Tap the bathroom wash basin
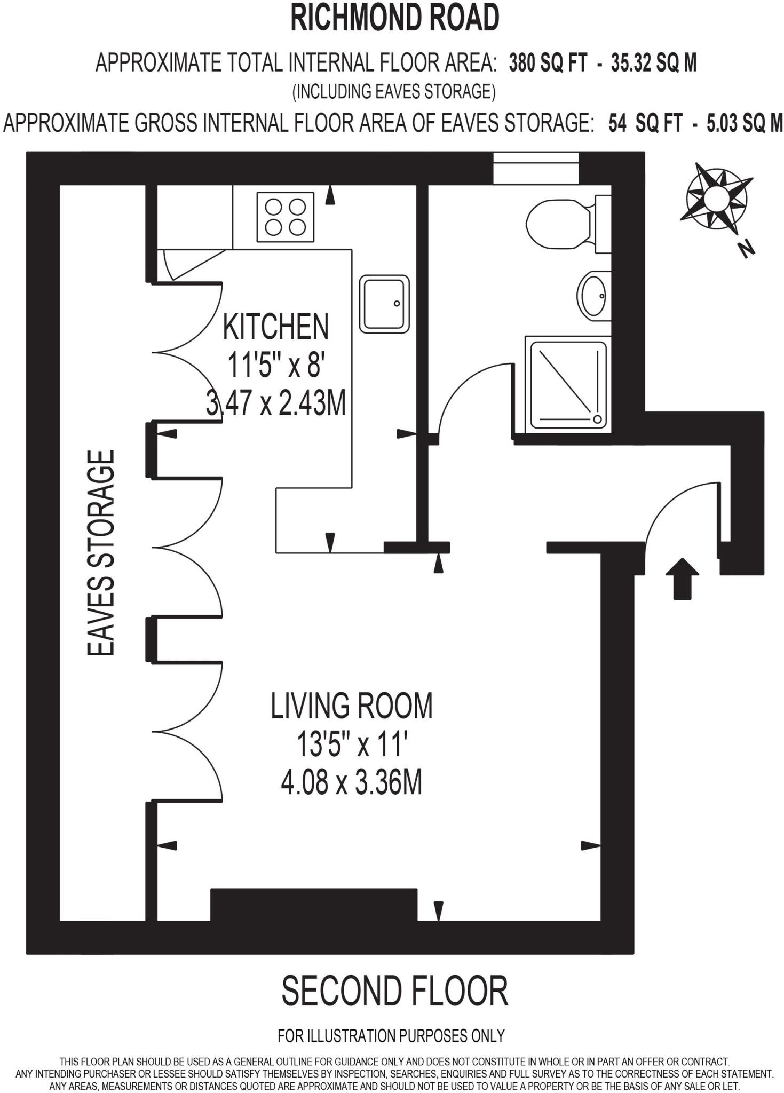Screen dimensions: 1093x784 coord(593,295)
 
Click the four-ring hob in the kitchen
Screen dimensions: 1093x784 coord(285,217)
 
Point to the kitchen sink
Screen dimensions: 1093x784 coord(384,304)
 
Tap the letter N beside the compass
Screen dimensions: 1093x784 coord(747,249)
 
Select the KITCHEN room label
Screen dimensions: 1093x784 coord(275,327)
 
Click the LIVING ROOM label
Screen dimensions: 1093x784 coord(352,706)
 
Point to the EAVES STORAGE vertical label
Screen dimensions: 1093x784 coord(101,553)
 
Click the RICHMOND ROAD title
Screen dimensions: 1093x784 coord(394,18)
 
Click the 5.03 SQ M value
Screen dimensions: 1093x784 coord(745,124)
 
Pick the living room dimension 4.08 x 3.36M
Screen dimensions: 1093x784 coord(351,784)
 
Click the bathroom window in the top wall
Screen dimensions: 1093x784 coord(535,168)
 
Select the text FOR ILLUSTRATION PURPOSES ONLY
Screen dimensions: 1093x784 coord(391,1036)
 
